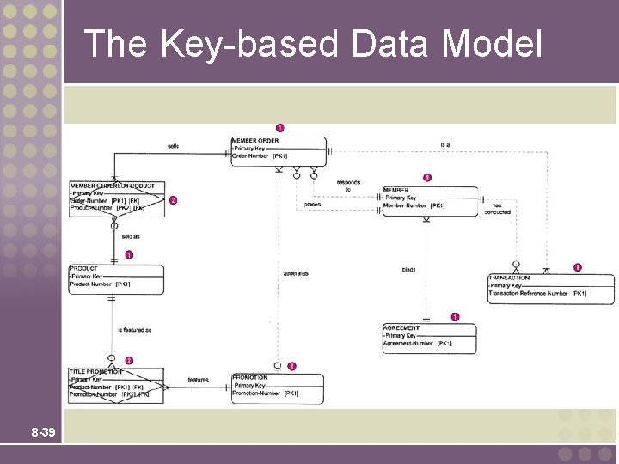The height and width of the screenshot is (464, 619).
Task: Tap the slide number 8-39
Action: pyautogui.click(x=43, y=431)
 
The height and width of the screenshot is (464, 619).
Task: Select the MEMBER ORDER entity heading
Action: pyautogui.click(x=255, y=141)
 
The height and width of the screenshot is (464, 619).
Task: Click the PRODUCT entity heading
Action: pyautogui.click(x=83, y=268)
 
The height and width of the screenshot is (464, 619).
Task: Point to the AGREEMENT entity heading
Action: pyautogui.click(x=401, y=328)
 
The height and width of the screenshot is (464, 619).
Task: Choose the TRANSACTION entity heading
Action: pyautogui.click(x=509, y=278)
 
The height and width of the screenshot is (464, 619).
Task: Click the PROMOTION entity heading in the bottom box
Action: pyautogui.click(x=250, y=377)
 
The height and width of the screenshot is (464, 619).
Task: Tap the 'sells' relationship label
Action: pyautogui.click(x=174, y=146)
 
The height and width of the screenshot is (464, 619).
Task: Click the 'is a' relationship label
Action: pyautogui.click(x=444, y=144)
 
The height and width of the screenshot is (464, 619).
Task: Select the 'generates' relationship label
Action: pyautogui.click(x=295, y=273)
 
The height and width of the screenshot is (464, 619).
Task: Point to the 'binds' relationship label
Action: pyautogui.click(x=408, y=270)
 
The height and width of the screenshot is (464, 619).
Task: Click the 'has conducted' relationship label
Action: pyautogui.click(x=501, y=209)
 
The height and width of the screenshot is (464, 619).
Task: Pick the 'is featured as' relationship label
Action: pyautogui.click(x=135, y=330)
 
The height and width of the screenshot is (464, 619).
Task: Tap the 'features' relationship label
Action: pyautogui.click(x=198, y=380)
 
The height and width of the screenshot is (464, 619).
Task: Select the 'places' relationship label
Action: pyautogui.click(x=312, y=205)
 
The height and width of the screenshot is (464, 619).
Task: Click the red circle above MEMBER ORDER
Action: pyautogui.click(x=279, y=128)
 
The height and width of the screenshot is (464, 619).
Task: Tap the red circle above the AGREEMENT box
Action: pyautogui.click(x=455, y=317)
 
